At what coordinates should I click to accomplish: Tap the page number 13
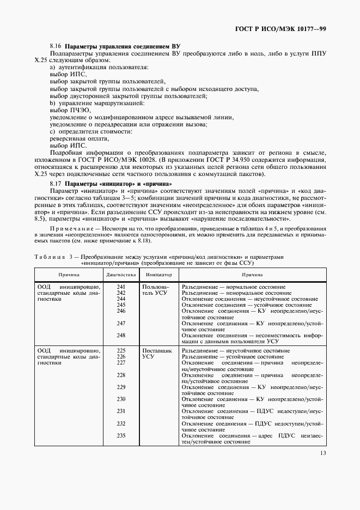323,467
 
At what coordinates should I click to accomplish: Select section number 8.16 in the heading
56,47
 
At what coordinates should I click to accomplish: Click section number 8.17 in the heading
56,184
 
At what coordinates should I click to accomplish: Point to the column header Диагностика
121,275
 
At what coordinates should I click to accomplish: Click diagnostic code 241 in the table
121,287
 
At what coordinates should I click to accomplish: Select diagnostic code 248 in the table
121,335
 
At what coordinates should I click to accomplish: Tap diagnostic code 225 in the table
121,350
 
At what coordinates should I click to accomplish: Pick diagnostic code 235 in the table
121,435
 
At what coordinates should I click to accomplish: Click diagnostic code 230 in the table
121,399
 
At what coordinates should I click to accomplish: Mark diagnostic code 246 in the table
121,311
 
